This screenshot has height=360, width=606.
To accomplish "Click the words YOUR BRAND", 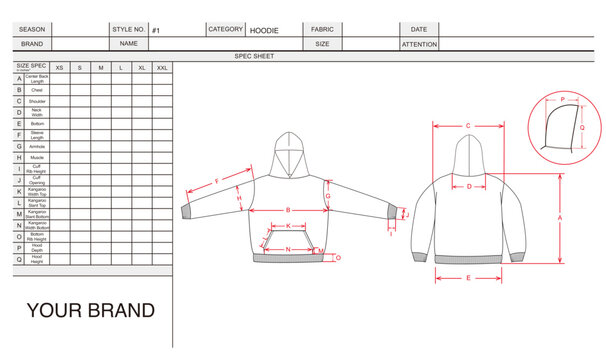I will click(x=90, y=311).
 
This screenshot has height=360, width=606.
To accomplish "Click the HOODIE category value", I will click(x=264, y=31).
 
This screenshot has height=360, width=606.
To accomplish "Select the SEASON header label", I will click(x=32, y=30).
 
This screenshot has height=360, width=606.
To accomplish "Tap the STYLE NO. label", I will click(x=129, y=30).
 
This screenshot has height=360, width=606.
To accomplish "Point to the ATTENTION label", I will click(x=419, y=45).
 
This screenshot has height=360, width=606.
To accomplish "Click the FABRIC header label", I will click(x=322, y=30).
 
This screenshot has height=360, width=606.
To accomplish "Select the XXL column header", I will click(x=164, y=66).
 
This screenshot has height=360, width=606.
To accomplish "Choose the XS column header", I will click(x=59, y=66).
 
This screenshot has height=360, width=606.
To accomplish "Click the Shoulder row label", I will click(x=36, y=101).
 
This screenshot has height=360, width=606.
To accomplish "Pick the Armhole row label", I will click(x=36, y=146).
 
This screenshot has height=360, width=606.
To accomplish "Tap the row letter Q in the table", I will click(x=19, y=259).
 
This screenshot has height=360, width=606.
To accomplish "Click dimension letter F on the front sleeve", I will click(x=217, y=181).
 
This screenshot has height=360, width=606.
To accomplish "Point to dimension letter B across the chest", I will click(x=287, y=209).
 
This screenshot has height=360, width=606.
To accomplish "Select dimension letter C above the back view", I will click(x=468, y=125).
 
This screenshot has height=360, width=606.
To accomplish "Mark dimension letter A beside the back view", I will click(x=559, y=217).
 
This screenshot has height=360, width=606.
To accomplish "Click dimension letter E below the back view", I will click(x=469, y=277).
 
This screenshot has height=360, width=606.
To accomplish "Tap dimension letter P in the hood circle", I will click(x=562, y=99).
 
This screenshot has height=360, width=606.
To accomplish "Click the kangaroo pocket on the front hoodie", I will click(x=287, y=240).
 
